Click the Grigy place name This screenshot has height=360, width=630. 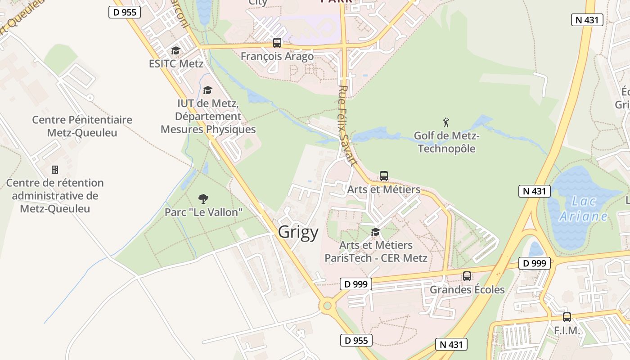(298, 232)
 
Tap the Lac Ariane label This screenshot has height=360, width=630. (583, 209)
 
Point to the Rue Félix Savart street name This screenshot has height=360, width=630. (347, 126)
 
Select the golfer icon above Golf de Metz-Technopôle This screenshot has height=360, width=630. (446, 122)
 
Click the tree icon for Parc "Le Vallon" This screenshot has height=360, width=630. (203, 198)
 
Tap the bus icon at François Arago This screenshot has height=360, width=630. (277, 43)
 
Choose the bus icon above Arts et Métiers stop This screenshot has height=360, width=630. (384, 176)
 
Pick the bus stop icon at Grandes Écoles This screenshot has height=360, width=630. (467, 276)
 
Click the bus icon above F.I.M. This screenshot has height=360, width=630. (567, 317)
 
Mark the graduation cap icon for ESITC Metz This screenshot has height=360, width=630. (176, 50)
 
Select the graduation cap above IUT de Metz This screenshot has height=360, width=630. (207, 90)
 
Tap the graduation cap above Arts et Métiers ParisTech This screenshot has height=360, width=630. (375, 232)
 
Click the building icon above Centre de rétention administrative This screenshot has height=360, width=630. (55, 170)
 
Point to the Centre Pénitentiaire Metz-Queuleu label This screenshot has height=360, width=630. (82, 126)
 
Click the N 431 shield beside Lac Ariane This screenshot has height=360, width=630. (535, 191)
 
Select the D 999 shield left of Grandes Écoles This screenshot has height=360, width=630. (356, 284)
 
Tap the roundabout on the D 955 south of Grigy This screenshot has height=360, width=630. (327, 306)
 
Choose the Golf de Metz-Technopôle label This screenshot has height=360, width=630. (446, 142)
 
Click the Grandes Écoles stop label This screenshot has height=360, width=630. (467, 289)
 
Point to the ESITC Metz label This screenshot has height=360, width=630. (176, 63)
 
